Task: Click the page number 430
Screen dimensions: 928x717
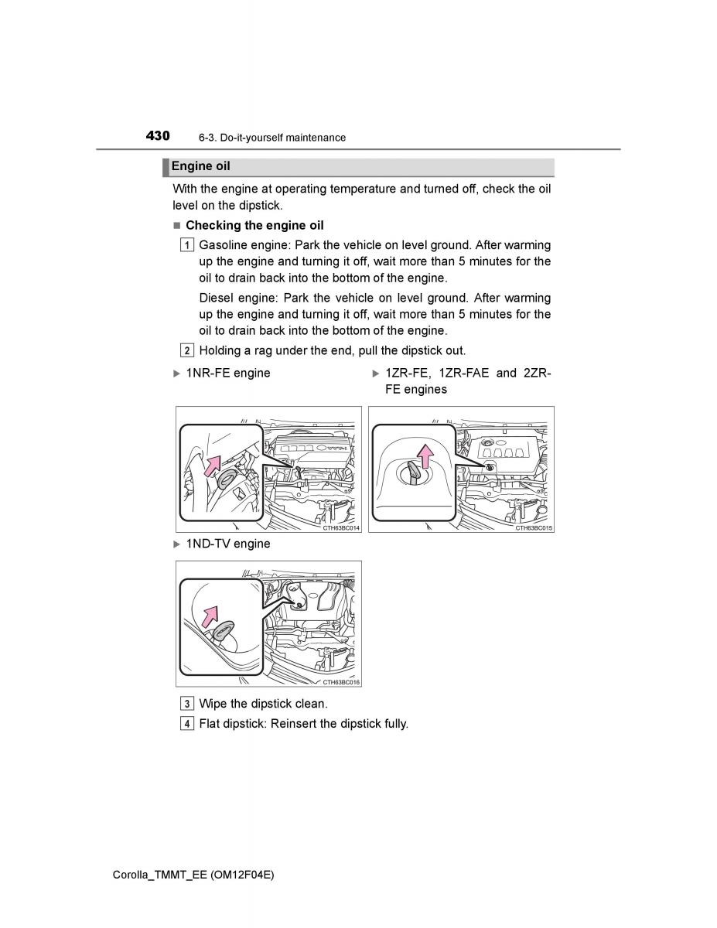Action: pos(157,136)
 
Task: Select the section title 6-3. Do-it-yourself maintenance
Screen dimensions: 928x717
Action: pos(271,138)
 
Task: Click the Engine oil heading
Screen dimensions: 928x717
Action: pos(200,166)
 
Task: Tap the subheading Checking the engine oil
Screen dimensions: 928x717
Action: pos(254,225)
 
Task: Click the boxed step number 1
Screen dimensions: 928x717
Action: pos(188,245)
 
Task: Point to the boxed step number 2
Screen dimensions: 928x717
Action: pos(188,350)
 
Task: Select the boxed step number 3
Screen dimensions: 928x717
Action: pos(188,704)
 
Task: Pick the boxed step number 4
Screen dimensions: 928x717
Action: pos(188,724)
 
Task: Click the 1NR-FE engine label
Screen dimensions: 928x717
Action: pos(227,373)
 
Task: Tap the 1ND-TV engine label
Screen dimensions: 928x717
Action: pos(227,544)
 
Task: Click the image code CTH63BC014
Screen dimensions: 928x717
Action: pos(341,527)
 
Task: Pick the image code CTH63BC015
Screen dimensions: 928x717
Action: pos(534,527)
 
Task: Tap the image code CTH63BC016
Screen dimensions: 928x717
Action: pos(341,682)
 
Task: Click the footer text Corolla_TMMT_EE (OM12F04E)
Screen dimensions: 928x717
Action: pos(193,874)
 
